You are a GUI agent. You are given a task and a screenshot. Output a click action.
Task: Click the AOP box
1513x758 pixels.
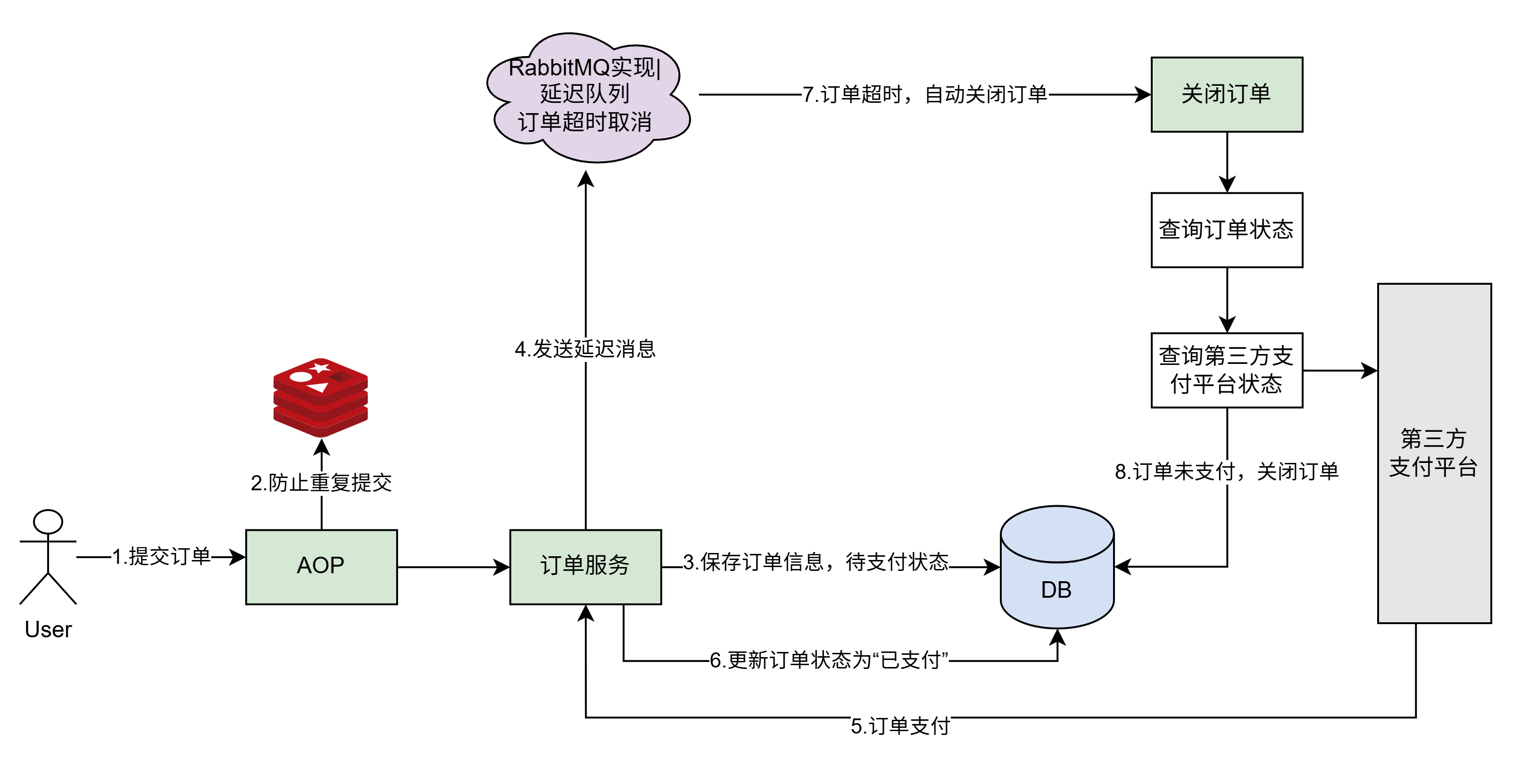tap(321, 567)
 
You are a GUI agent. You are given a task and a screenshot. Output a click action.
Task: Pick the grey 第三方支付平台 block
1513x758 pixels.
tap(1434, 453)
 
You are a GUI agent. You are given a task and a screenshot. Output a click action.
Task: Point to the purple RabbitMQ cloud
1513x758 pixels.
tap(587, 97)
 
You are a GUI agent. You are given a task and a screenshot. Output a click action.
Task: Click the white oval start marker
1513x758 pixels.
tap(48, 521)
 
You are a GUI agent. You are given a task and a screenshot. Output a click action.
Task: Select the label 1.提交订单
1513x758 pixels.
tap(161, 557)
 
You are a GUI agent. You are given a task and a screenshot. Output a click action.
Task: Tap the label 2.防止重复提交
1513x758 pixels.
tap(321, 483)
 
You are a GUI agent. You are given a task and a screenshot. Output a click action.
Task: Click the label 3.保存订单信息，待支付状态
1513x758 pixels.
tap(815, 562)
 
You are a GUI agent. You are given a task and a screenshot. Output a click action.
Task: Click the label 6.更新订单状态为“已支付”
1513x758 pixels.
tap(829, 660)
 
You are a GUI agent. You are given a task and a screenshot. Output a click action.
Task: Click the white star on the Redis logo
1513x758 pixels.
tap(320, 368)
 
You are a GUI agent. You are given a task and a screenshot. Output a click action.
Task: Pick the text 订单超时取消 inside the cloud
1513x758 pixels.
tap(585, 122)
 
